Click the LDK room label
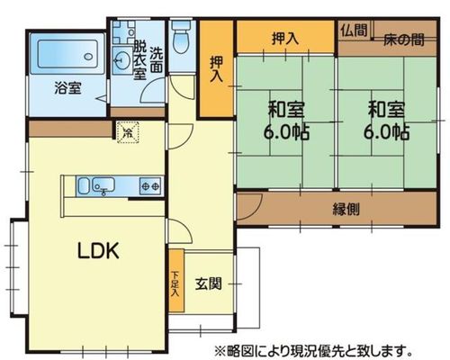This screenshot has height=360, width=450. (98, 250)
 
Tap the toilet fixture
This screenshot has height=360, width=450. (181, 38)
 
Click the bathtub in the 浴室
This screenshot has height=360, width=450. (67, 54)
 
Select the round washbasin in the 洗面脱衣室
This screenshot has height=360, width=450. (121, 60)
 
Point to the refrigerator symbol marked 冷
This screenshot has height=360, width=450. (128, 132)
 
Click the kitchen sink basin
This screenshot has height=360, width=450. (103, 184)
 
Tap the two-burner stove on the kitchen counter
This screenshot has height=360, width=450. (150, 186)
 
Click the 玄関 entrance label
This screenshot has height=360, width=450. (209, 283)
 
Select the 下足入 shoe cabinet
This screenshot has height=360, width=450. (176, 281)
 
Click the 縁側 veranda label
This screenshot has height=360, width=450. (346, 209)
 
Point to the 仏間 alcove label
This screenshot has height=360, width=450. (354, 30)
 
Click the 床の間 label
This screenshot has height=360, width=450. (404, 40)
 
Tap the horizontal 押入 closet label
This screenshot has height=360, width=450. (285, 38)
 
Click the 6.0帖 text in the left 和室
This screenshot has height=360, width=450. (286, 132)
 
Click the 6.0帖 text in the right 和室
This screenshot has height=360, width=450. (386, 132)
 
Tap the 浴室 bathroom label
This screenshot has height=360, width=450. (67, 88)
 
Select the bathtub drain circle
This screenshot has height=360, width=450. (88, 57)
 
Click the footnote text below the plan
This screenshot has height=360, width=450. (313, 350)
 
